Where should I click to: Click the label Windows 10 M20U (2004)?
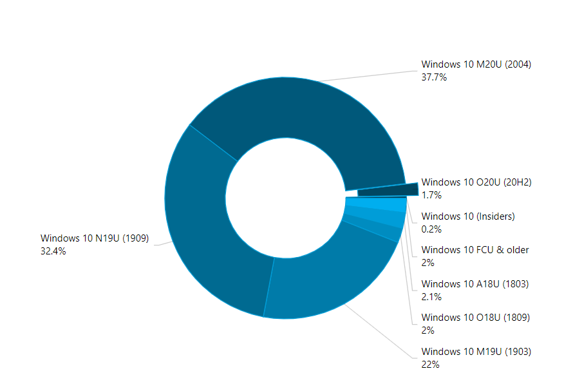tap(476, 64)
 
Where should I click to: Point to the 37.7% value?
tap(434, 77)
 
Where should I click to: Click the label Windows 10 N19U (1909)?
tap(95, 238)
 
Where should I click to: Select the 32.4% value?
tap(53, 251)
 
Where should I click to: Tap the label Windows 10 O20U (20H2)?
tap(476, 182)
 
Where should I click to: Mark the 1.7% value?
tap(431, 195)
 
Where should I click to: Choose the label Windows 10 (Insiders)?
tap(468, 216)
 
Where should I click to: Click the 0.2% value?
tap(431, 229)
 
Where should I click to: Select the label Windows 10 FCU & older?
tap(475, 250)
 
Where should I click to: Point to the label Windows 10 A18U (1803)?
tap(474, 283)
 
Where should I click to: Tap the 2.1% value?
tap(431, 296)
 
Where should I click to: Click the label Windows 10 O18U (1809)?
tap(475, 318)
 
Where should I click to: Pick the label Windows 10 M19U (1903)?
tap(476, 352)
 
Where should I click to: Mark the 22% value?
tap(430, 365)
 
